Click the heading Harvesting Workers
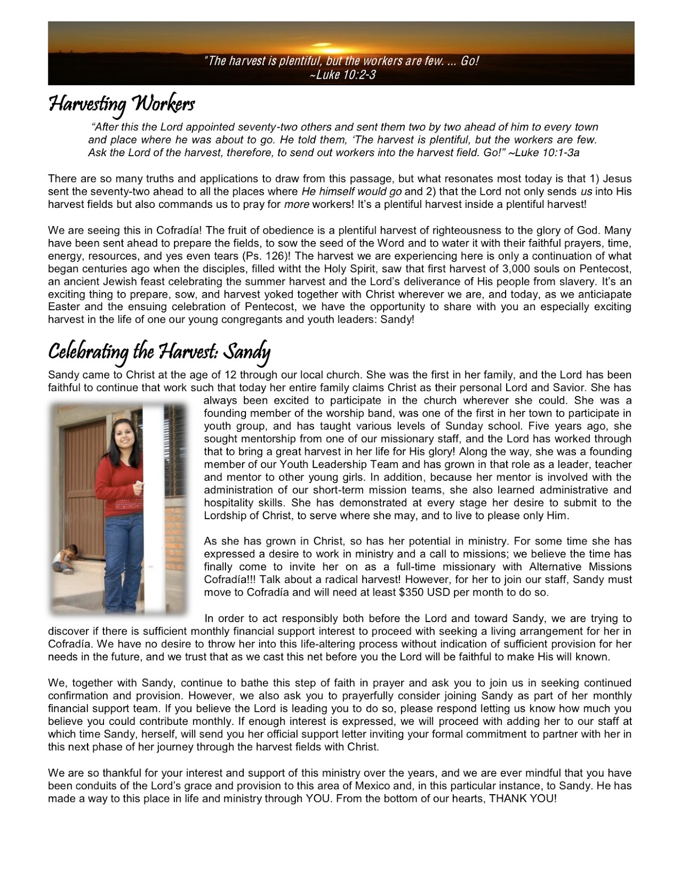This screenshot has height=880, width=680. [x=122, y=104]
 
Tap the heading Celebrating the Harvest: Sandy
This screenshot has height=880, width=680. [x=159, y=351]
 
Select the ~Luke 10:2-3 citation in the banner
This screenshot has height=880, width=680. [x=342, y=74]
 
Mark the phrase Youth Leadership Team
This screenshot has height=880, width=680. [x=313, y=464]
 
